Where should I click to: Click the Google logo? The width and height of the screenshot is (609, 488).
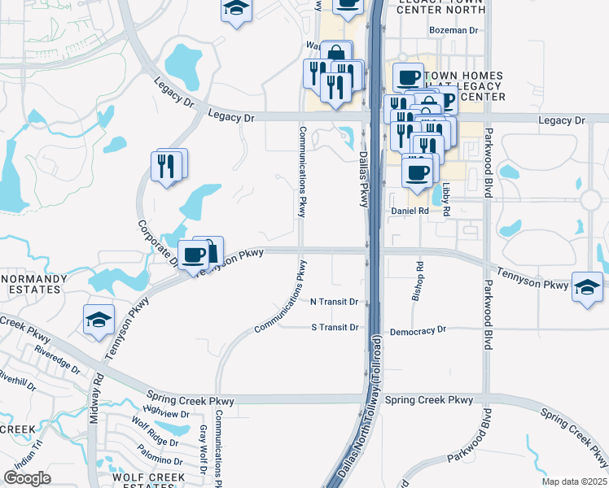tap(28, 478)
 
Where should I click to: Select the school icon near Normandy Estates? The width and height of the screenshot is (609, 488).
tap(99, 319)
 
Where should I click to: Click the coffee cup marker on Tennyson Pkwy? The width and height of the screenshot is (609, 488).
tap(193, 255)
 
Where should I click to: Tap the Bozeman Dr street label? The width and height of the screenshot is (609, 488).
tap(453, 31)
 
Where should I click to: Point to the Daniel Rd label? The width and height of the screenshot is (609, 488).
tap(410, 211)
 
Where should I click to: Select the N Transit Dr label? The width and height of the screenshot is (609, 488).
tap(335, 302)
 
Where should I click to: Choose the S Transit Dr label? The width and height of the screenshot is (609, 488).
tap(335, 328)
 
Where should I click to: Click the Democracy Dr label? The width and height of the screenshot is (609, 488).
tap(418, 331)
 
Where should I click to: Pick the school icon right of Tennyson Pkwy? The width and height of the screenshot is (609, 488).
tap(588, 287)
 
